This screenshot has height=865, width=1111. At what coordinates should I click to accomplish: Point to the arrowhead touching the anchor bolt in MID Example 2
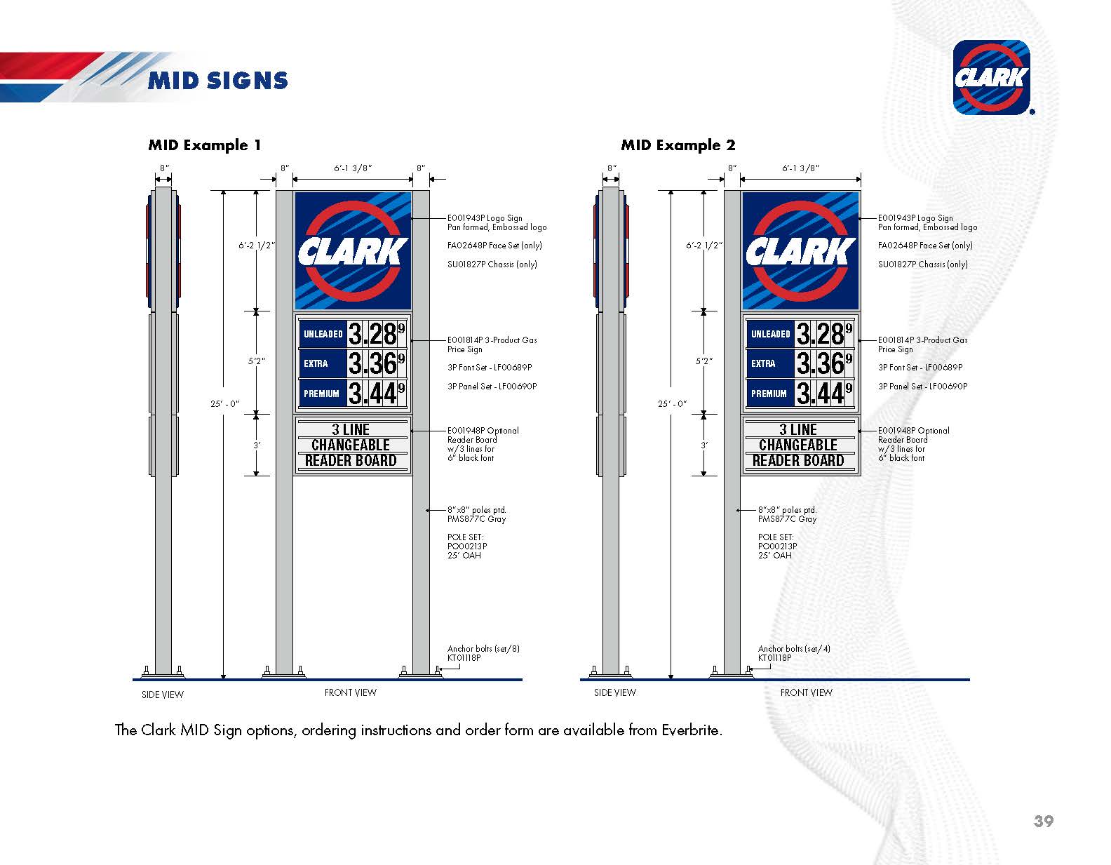(x=748, y=668)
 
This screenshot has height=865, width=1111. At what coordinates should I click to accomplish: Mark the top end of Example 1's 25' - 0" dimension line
(x=224, y=191)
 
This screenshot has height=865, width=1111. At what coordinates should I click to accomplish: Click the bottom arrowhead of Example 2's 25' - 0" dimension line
(x=671, y=678)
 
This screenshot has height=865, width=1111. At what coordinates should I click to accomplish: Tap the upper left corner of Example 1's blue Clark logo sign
(x=295, y=192)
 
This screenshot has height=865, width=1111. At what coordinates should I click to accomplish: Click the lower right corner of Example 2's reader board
(x=860, y=475)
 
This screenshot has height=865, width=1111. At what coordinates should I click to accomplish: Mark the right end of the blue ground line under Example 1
(x=522, y=680)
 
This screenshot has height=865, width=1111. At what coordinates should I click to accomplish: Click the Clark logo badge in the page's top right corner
(x=991, y=77)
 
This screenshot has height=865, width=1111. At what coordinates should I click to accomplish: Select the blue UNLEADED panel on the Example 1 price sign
(x=323, y=334)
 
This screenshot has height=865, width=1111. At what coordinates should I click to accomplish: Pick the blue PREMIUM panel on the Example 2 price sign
(x=771, y=393)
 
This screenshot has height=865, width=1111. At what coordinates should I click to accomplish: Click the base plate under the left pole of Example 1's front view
(x=284, y=676)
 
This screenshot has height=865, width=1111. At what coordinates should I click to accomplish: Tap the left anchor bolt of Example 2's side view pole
(x=593, y=670)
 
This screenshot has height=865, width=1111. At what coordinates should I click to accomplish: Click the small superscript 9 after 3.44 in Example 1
(x=401, y=388)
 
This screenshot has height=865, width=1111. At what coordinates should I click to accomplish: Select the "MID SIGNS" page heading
(x=218, y=81)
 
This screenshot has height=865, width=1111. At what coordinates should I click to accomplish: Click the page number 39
(x=1044, y=821)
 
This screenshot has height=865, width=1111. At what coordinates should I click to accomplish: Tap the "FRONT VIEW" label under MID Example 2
(x=807, y=692)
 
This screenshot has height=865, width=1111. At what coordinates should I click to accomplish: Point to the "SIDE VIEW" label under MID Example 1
(x=163, y=695)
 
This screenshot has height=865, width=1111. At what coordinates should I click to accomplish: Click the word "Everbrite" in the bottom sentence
(x=691, y=730)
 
